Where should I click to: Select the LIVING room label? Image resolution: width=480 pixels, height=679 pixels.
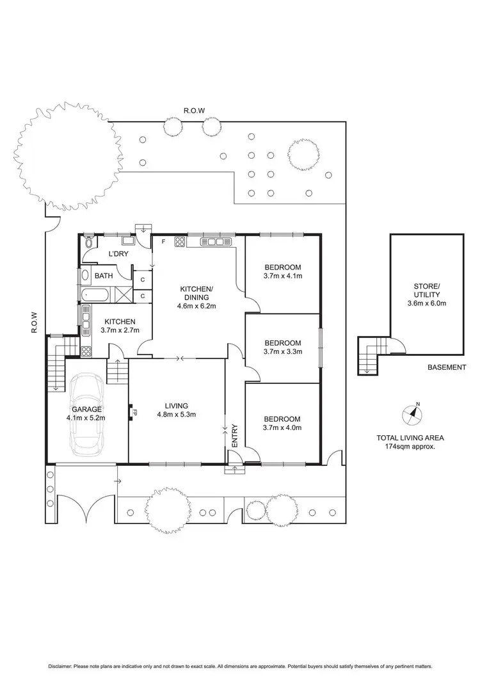click(176, 405)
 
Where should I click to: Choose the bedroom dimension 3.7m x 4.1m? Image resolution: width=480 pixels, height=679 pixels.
click(283, 276)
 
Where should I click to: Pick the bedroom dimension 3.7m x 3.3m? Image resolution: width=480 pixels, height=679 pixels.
click(283, 351)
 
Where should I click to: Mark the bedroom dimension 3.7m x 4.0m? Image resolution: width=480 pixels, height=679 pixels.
click(283, 428)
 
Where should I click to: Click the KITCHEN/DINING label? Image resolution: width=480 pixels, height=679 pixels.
click(196, 293)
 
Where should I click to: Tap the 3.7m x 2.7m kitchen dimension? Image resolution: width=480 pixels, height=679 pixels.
click(111, 330)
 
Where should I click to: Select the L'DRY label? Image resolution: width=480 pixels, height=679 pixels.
click(118, 254)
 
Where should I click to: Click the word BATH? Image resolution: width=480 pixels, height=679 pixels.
click(104, 276)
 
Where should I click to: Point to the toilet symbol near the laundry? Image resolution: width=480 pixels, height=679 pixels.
click(88, 244)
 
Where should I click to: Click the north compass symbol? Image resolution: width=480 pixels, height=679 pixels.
click(412, 414)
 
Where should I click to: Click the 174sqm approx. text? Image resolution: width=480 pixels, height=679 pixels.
click(410, 447)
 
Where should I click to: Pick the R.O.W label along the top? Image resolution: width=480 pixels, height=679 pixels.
click(194, 111)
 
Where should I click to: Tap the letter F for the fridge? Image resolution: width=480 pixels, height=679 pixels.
click(164, 241)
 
